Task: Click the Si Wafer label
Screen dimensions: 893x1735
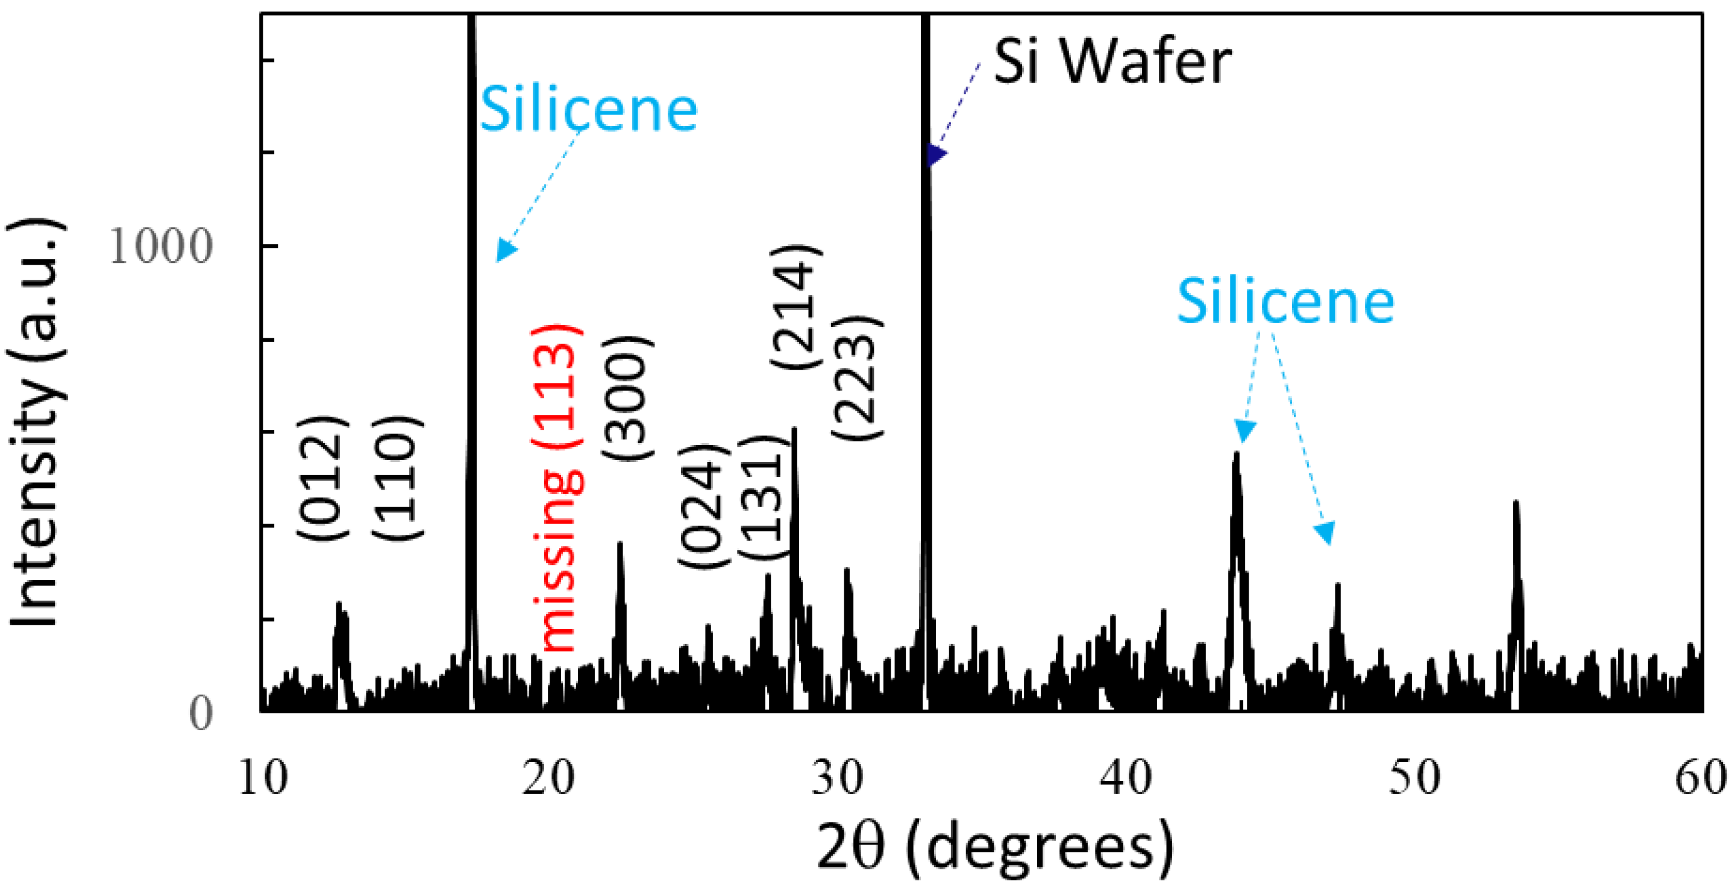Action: click(1112, 62)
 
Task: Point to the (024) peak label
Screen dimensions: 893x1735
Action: click(703, 505)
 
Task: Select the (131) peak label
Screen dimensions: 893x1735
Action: click(764, 499)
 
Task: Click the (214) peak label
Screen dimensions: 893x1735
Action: click(796, 307)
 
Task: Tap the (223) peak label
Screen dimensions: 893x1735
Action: click(857, 377)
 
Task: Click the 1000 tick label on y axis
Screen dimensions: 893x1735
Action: click(160, 246)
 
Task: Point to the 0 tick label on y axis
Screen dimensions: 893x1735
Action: click(200, 713)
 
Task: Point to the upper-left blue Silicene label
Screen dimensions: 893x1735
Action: click(588, 110)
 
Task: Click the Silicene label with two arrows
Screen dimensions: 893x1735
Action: click(1285, 302)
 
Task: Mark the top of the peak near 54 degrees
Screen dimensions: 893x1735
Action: click(1516, 502)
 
